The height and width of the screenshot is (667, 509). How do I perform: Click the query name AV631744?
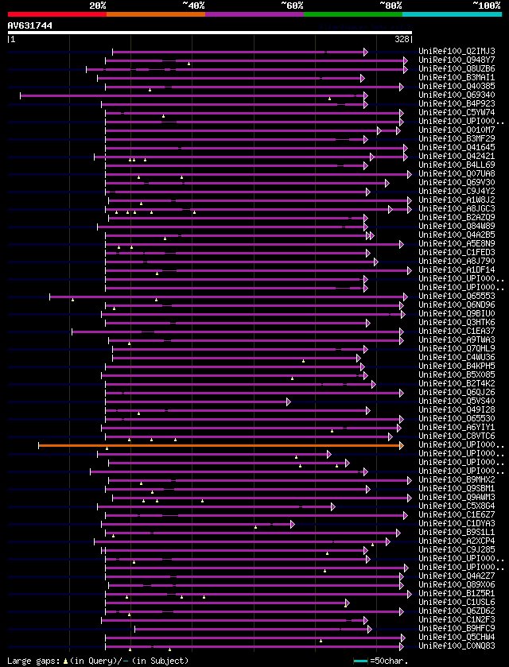30,25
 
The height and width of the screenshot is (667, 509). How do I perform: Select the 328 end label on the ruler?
402,38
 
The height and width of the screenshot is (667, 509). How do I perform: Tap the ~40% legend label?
193,5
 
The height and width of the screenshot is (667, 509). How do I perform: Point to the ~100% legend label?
486,5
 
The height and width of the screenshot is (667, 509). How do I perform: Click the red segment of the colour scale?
56,14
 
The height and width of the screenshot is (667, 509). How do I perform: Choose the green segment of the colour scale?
352,14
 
